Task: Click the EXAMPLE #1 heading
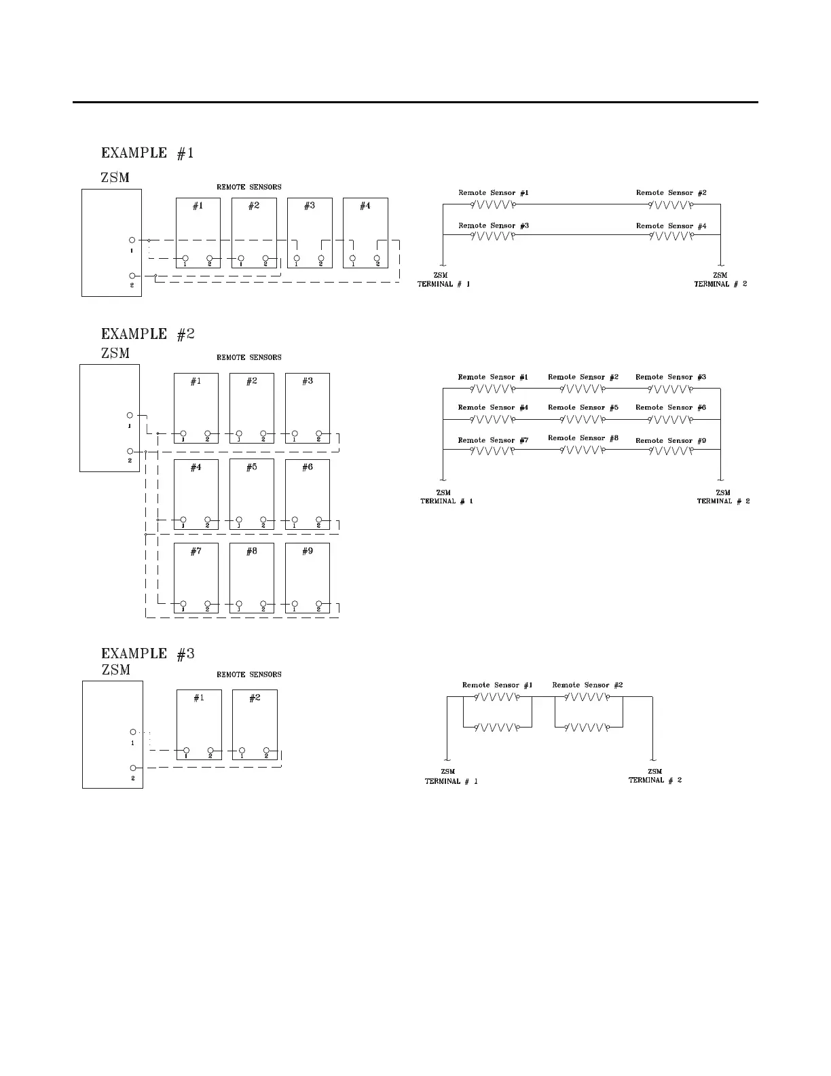point(147,153)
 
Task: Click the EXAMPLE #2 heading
point(147,334)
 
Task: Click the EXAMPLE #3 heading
point(147,653)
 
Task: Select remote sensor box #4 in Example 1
point(365,232)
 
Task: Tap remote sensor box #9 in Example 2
point(308,577)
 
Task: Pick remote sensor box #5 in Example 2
point(252,494)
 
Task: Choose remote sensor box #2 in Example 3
point(255,724)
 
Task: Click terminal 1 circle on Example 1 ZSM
point(132,240)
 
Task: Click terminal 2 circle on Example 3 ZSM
point(133,768)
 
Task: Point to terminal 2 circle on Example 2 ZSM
point(130,451)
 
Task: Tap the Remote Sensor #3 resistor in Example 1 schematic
point(494,236)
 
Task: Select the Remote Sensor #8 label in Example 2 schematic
point(583,438)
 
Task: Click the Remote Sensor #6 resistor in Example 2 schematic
point(671,419)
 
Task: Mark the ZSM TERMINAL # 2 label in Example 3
point(655,776)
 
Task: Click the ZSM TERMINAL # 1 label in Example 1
point(443,280)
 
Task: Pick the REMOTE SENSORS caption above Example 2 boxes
point(248,357)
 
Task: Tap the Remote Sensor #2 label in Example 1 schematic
point(671,193)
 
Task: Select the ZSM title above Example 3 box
point(115,670)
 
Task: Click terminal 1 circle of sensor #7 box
point(183,603)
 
